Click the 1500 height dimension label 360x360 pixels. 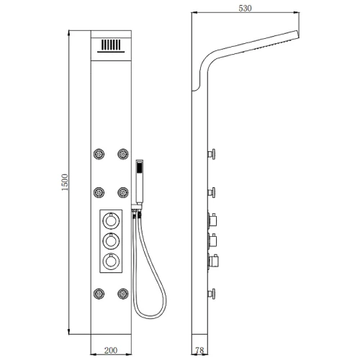pyautogui.click(x=65, y=182)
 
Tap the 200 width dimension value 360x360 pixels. pyautogui.click(x=111, y=351)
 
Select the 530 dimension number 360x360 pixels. pyautogui.click(x=245, y=9)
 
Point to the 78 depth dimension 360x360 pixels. pyautogui.click(x=199, y=351)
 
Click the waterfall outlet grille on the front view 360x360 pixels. pyautogui.click(x=111, y=46)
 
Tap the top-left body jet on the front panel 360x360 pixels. pyautogui.click(x=99, y=154)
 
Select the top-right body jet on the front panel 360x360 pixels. pyautogui.click(x=123, y=154)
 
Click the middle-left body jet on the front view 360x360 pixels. pyautogui.click(x=99, y=192)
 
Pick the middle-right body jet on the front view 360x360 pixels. pyautogui.click(x=123, y=192)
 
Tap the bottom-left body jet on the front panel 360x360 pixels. pyautogui.click(x=99, y=294)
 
